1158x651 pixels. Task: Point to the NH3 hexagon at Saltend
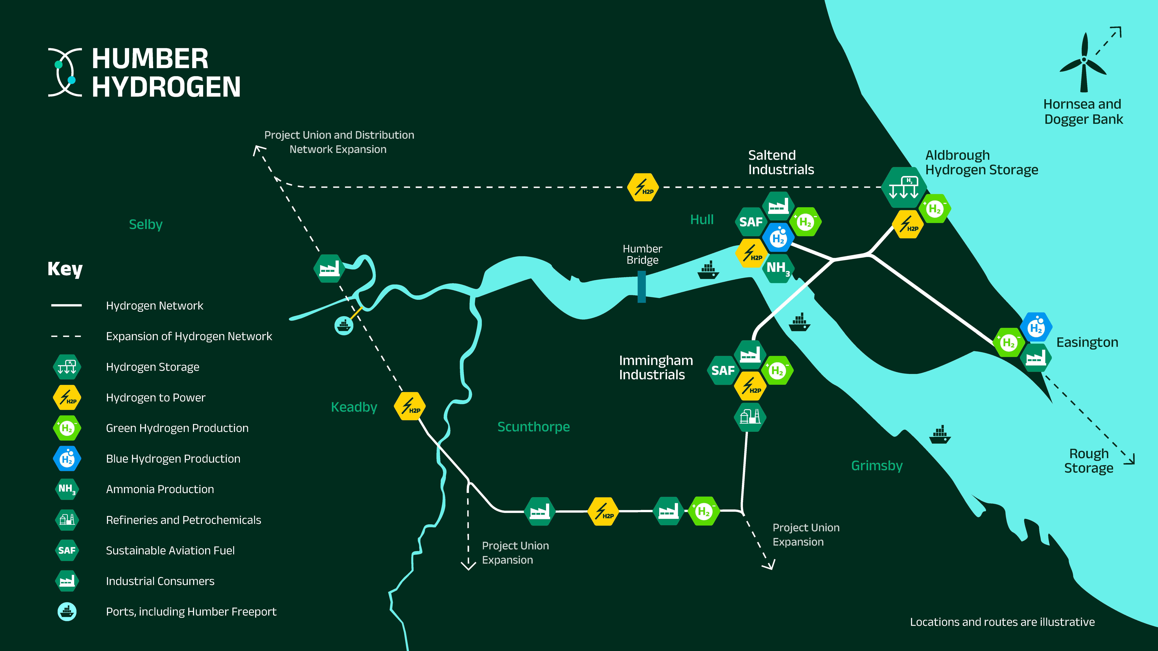778,268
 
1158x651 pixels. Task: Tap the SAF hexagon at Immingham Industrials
722,370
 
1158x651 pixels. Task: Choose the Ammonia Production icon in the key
67,489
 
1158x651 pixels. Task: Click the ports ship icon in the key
67,611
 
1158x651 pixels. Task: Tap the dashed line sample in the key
66,336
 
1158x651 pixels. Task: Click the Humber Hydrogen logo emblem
65,72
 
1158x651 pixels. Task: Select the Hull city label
702,219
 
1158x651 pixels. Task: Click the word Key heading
65,269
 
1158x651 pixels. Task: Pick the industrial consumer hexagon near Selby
329,268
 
